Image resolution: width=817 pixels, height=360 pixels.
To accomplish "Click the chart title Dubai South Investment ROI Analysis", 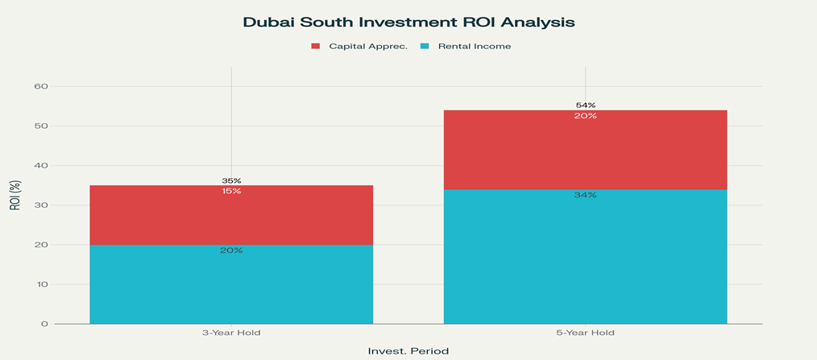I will point(408,23).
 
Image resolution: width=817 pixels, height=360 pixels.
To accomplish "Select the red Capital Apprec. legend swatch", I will point(316,46).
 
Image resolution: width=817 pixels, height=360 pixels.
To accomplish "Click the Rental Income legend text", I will point(475,46).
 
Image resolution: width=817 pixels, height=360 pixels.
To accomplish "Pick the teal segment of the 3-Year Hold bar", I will point(231,286).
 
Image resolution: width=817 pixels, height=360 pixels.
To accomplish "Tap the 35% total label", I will point(231,180).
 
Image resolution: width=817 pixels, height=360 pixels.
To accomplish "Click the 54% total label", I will point(586,105).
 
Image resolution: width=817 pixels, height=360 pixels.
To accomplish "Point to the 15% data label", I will point(231,192).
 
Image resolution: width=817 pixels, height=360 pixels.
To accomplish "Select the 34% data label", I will point(586,196).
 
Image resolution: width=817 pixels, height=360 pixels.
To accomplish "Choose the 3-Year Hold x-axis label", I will point(231,333).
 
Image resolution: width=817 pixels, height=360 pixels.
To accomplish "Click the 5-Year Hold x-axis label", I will point(586,333).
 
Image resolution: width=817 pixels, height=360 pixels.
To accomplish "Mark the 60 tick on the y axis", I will point(41,86).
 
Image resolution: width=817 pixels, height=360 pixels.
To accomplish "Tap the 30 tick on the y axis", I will point(41,205).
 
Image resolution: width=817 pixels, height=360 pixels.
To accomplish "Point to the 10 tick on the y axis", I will point(41,284).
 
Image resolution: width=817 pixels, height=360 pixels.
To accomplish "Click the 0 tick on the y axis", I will point(44,324).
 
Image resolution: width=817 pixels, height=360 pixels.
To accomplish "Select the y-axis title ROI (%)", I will point(15,196).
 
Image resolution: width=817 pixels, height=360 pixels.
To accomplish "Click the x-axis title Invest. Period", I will point(408,351).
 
